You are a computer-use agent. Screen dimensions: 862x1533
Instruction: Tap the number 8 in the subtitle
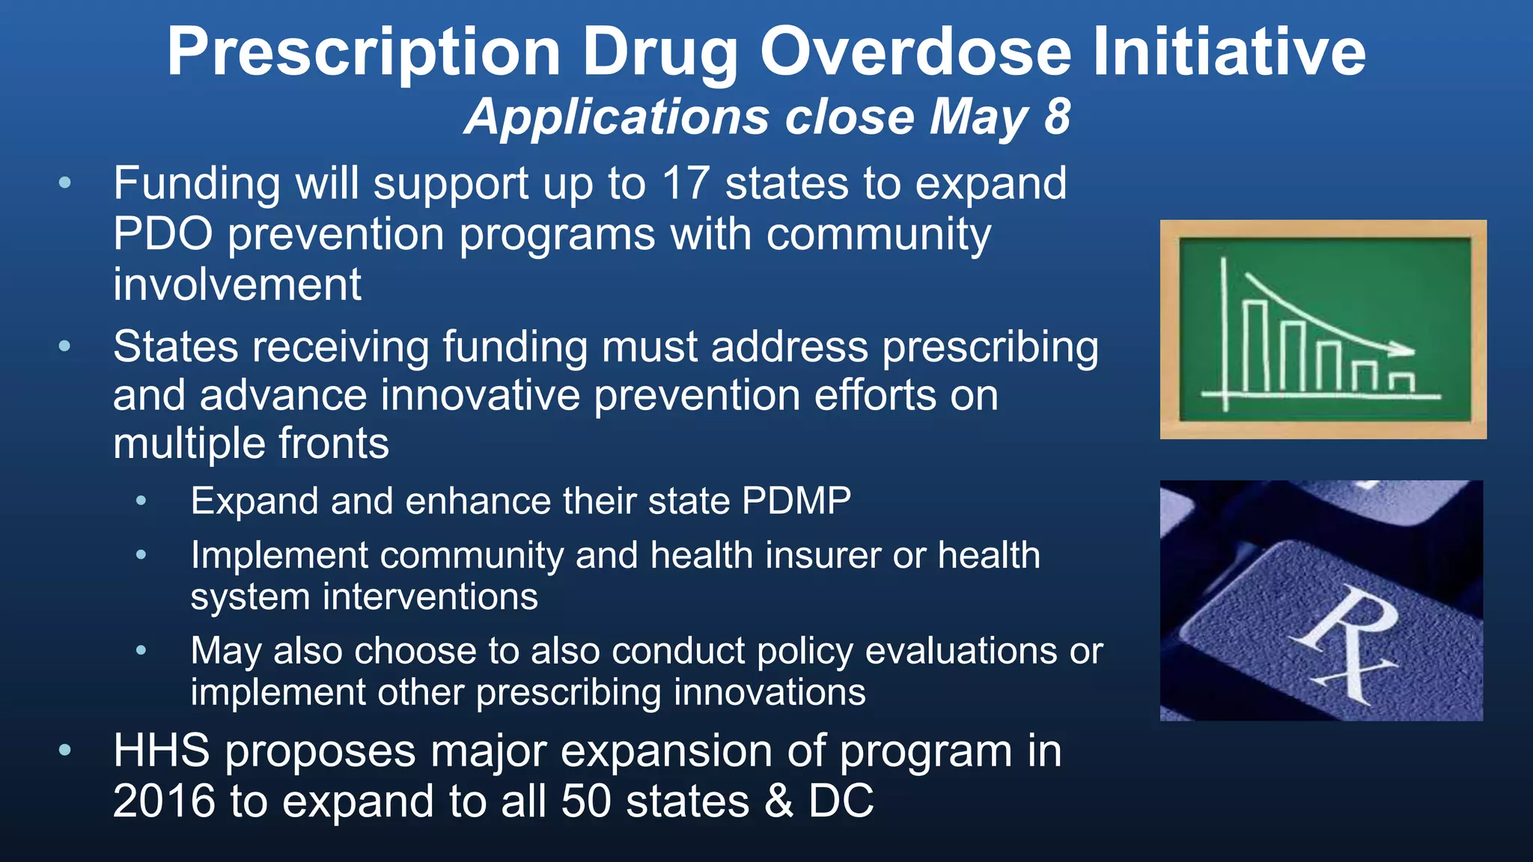click(x=1057, y=117)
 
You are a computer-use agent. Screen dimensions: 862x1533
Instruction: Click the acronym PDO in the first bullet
click(x=163, y=234)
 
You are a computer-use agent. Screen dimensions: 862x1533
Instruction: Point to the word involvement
click(x=237, y=285)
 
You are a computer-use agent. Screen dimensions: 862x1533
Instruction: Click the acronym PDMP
click(x=796, y=501)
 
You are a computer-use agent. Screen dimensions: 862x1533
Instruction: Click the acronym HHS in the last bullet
click(x=161, y=751)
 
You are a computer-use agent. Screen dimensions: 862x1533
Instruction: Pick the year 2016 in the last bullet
click(x=164, y=801)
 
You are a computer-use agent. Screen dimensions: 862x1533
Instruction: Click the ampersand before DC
click(x=778, y=801)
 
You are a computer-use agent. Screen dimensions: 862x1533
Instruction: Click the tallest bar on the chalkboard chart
click(x=1255, y=346)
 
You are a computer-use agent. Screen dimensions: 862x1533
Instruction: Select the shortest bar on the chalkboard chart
click(x=1401, y=382)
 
